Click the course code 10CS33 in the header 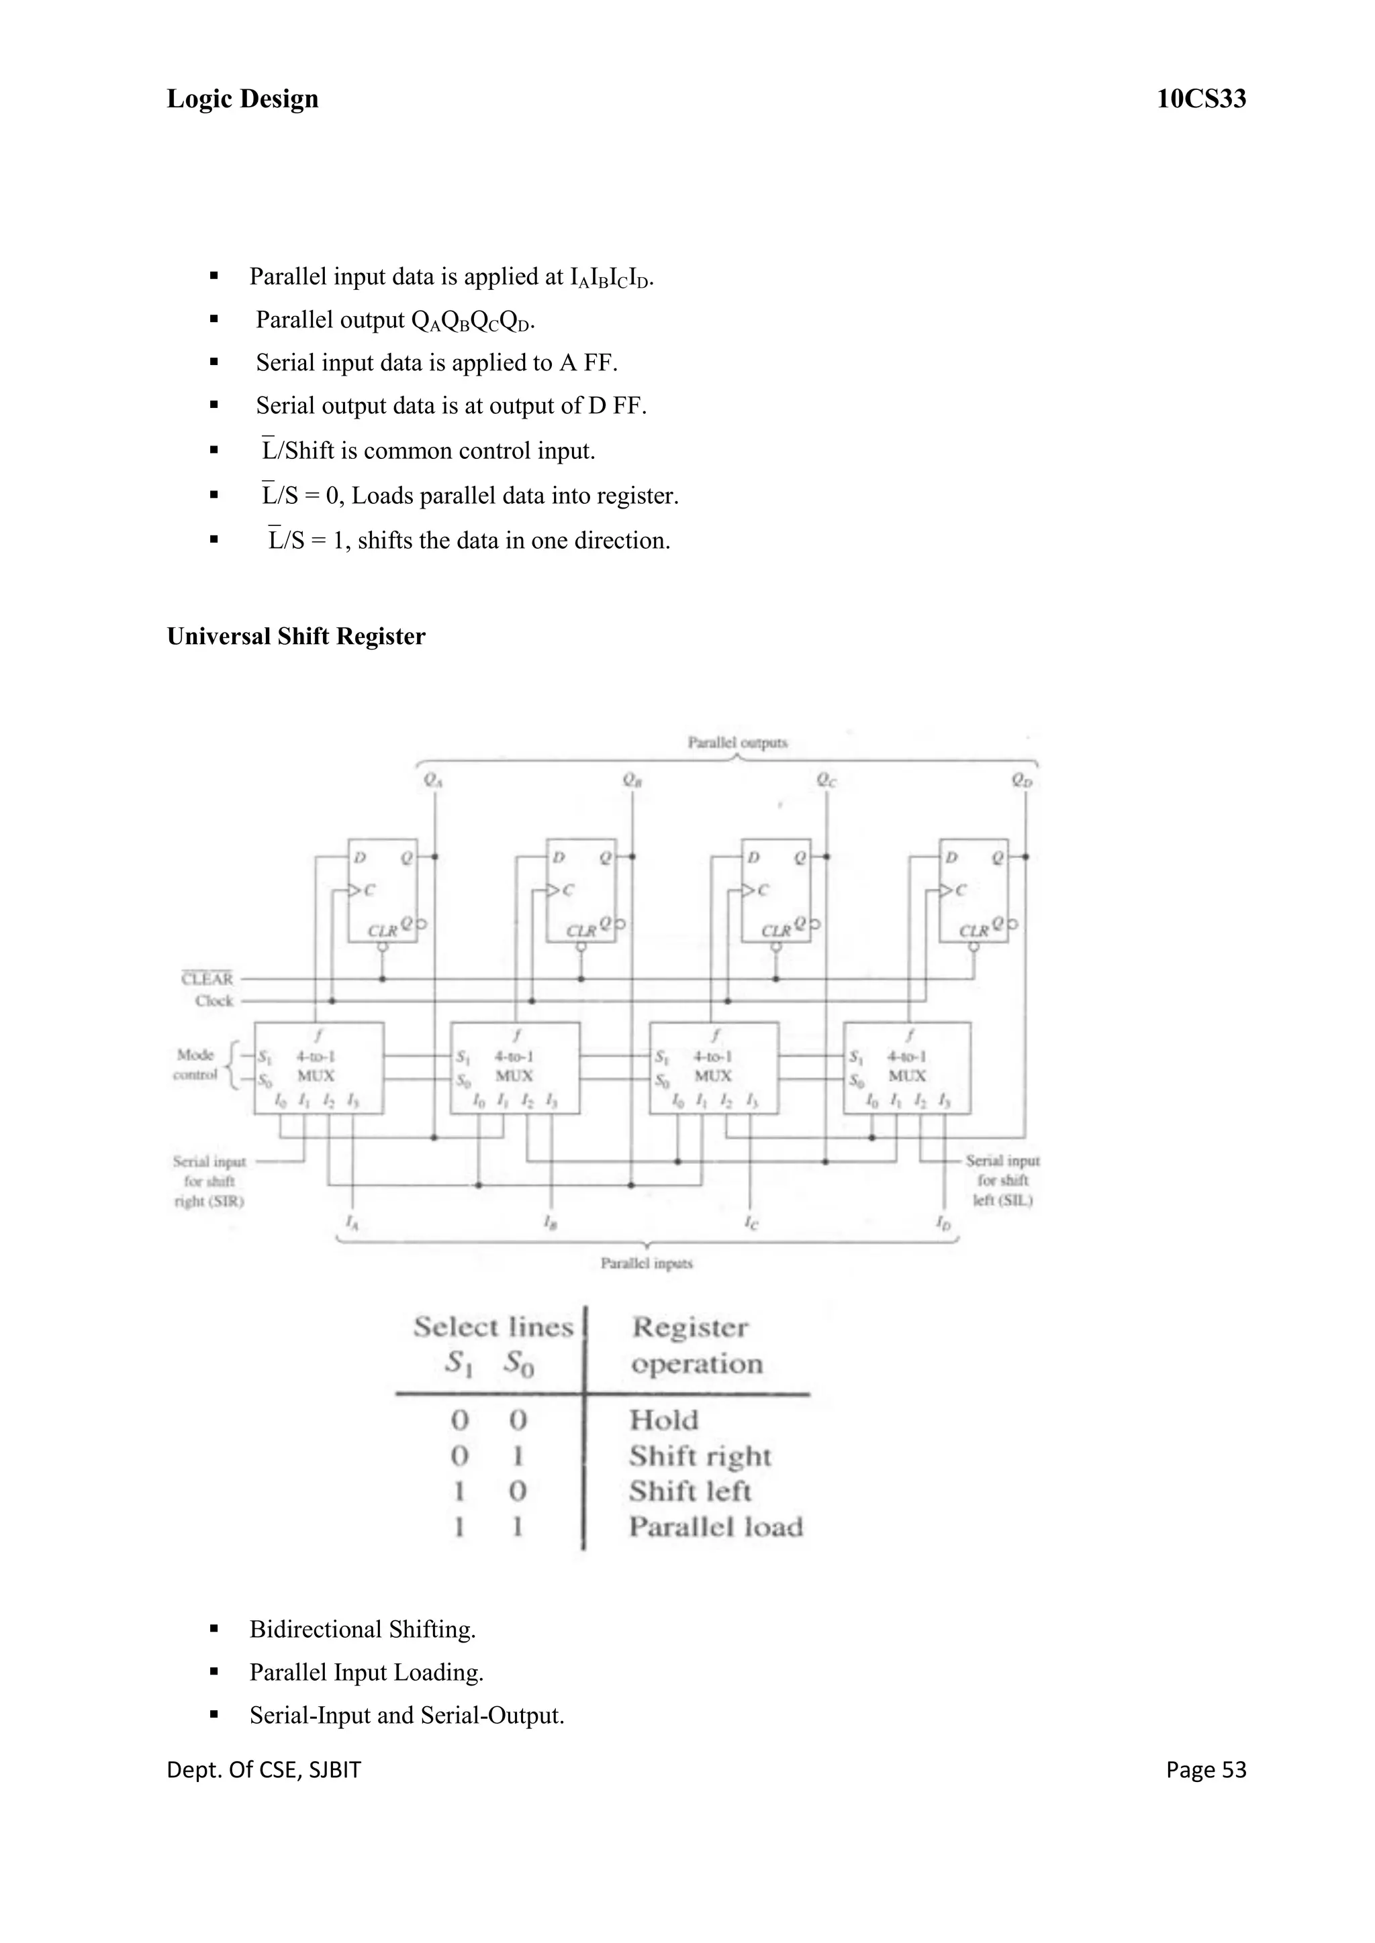[x=1200, y=99]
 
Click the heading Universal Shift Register [x=295, y=637]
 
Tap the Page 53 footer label [x=1205, y=1769]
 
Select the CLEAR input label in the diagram [x=207, y=978]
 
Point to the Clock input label [x=214, y=1000]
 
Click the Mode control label [x=195, y=1065]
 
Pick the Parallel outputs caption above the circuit [x=737, y=742]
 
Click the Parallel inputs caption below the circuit [x=647, y=1263]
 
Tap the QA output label [x=432, y=780]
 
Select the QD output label [x=1022, y=780]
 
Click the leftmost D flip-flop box [x=382, y=890]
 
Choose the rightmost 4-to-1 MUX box [x=907, y=1068]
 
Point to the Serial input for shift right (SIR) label [x=210, y=1181]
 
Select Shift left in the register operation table [x=690, y=1490]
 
